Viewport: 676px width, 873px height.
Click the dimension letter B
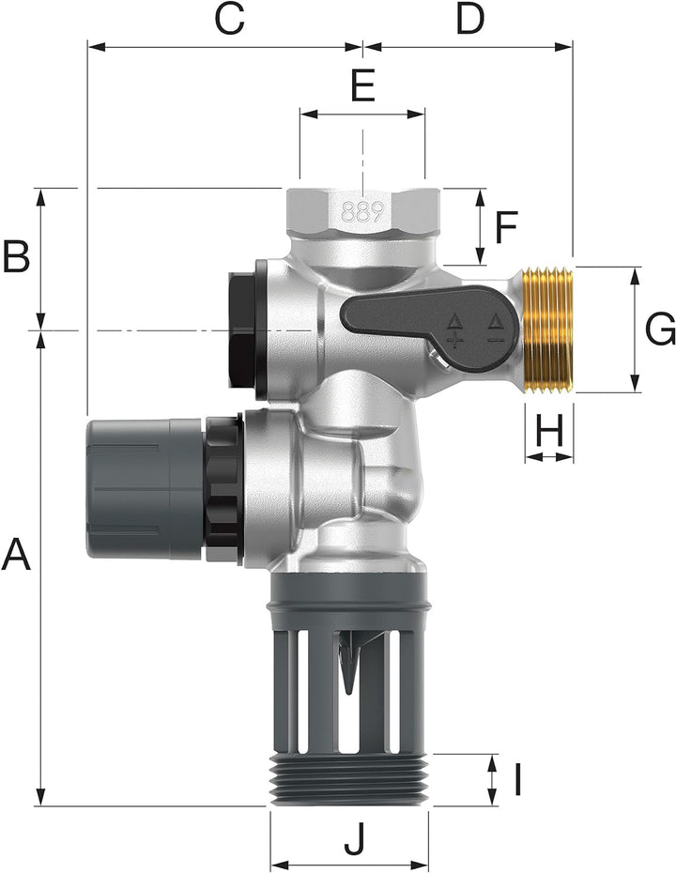(16, 256)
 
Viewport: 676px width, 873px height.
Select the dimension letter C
(229, 18)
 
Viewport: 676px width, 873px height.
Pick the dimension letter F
(506, 226)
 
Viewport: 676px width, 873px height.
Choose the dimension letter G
(660, 329)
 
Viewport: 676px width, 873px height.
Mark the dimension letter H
(549, 431)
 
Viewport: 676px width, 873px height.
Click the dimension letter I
(516, 779)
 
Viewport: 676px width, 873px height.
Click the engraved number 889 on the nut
(361, 211)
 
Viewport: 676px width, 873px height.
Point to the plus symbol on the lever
(454, 339)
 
